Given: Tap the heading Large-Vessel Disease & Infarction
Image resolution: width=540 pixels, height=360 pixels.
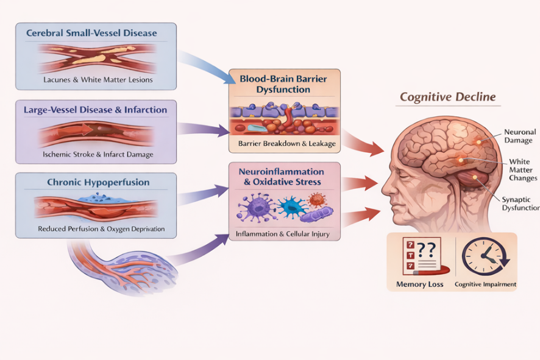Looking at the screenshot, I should click(95, 110).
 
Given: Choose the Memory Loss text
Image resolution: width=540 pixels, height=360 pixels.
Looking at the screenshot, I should click(419, 284).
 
